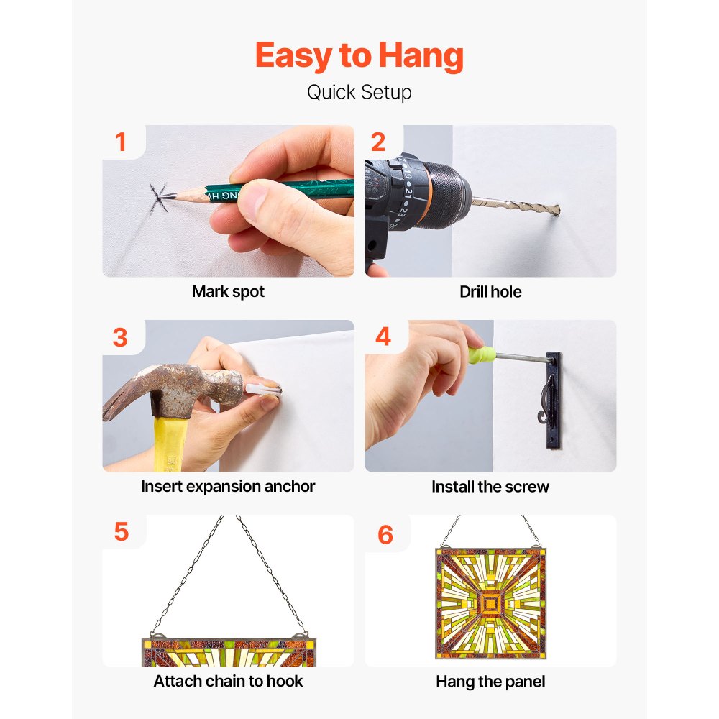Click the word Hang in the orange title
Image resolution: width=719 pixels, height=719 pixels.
421,56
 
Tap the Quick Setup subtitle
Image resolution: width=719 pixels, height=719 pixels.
359,93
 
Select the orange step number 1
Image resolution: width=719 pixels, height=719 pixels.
121,142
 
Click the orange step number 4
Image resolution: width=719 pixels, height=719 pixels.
383,336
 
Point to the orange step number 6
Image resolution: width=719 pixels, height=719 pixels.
385,535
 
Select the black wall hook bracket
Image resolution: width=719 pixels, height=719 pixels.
552,400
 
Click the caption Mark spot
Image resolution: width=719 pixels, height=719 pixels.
228,292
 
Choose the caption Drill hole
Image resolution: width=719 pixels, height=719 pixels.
490,292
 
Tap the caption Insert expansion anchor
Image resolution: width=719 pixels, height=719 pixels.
228,487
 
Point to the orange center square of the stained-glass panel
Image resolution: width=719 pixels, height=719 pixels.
490,604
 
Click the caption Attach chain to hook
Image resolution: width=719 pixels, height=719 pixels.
228,682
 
